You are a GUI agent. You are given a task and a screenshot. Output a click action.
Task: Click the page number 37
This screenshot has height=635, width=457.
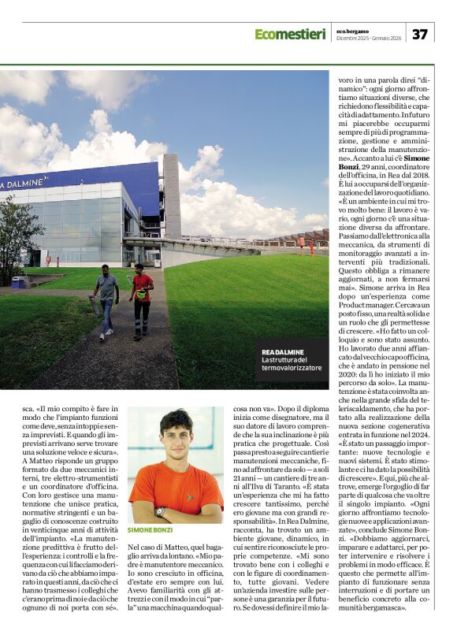click(x=420, y=34)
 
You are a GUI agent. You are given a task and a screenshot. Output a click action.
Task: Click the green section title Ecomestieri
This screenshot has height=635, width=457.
click(x=289, y=34)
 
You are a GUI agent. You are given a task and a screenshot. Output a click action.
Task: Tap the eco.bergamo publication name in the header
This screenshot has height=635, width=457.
click(x=362, y=29)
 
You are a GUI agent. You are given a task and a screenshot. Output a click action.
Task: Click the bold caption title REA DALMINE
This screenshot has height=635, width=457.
click(x=284, y=352)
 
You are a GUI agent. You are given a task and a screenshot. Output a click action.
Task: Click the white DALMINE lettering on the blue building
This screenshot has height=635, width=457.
click(x=21, y=184)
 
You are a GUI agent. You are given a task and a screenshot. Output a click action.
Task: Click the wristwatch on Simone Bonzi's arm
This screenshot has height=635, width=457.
click(x=161, y=511)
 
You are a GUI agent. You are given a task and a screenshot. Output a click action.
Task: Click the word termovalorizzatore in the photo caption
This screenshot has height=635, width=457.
click(x=292, y=369)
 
